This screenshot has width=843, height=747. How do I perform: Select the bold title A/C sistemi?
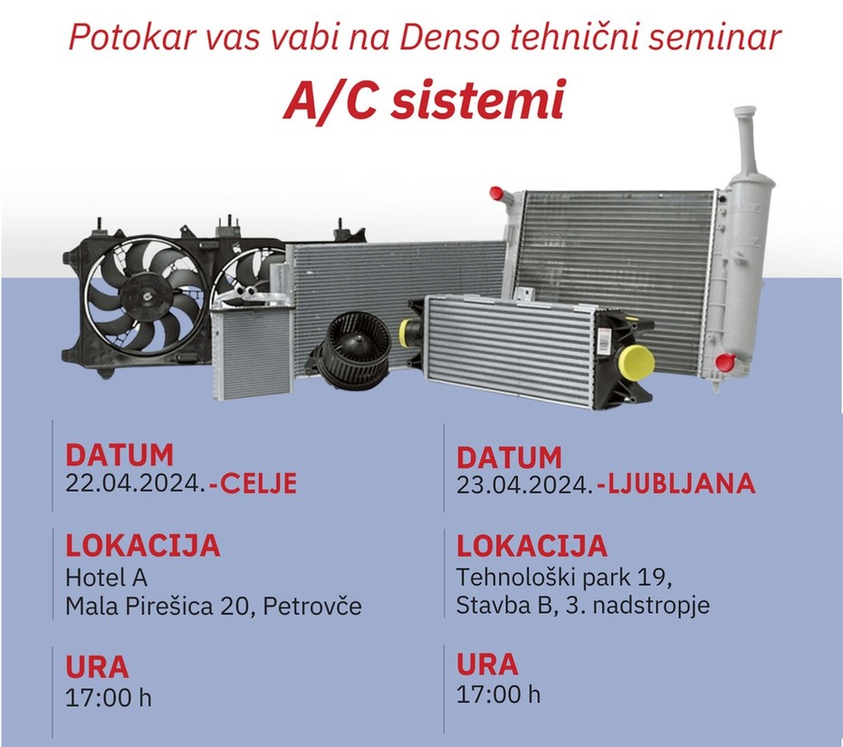424,100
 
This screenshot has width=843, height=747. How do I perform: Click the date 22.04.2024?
135,483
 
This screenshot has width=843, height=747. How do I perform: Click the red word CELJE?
254,483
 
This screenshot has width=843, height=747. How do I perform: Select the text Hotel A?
107,578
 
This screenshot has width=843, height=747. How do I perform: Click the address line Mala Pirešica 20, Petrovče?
214,607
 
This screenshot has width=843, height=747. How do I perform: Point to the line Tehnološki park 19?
564,578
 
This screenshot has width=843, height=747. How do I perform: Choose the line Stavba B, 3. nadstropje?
583,605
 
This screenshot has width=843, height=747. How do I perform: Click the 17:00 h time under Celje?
108,698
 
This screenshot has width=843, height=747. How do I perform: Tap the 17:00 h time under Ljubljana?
498,694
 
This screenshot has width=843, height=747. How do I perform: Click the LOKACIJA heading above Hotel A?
143,545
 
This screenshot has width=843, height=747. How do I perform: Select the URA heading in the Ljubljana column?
487,664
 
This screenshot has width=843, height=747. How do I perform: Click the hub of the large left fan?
146,296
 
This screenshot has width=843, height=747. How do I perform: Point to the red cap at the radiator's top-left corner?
496,193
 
